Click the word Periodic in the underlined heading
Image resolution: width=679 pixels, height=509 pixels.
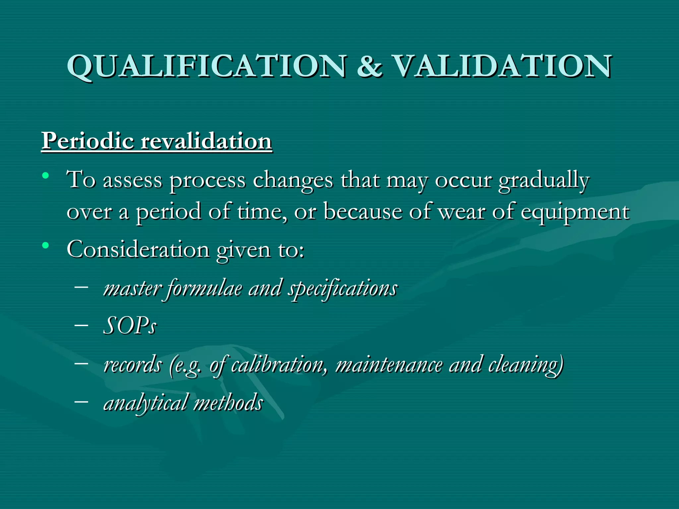[x=88, y=141]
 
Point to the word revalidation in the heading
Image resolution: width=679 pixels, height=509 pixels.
[x=206, y=141]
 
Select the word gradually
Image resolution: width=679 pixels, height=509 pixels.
[x=544, y=181]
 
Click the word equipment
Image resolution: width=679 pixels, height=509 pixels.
[x=575, y=212]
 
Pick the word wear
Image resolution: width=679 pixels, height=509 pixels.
[x=461, y=212]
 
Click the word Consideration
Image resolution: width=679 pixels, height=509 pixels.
[x=138, y=250]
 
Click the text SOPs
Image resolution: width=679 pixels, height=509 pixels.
[x=130, y=326]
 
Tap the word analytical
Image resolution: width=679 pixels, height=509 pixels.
[x=146, y=403]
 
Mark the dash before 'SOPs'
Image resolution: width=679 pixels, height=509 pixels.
[x=82, y=325]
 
